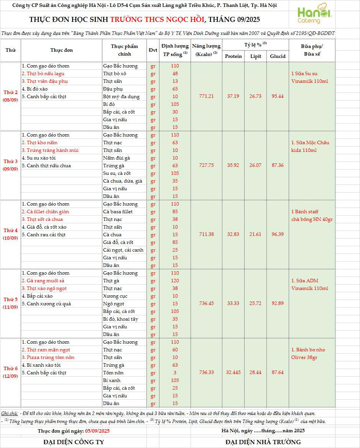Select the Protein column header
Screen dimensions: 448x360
tap(233, 56)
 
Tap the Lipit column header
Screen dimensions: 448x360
tap(256, 56)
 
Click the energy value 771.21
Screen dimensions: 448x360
tap(207, 96)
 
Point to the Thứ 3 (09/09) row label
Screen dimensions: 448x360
tap(10, 165)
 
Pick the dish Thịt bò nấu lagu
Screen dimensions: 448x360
tap(43, 73)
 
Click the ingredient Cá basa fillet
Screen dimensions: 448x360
tap(118, 211)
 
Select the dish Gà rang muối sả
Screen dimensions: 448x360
tap(43, 280)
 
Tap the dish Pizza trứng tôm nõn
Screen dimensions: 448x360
tap(48, 357)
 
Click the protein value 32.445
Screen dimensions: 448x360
tap(233, 372)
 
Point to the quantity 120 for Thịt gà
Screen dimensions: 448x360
tap(175, 280)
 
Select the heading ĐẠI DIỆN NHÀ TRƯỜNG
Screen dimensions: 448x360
tap(263, 442)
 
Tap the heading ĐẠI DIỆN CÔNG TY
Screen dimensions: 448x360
tap(74, 442)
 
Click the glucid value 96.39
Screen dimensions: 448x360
tap(278, 234)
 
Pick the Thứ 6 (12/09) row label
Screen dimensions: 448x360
tap(10, 372)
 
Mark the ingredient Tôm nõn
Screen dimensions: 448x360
tap(113, 372)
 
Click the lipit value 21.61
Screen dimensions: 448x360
tap(256, 234)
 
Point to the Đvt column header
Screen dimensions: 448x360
tap(153, 50)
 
